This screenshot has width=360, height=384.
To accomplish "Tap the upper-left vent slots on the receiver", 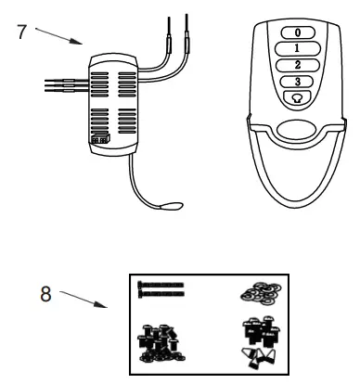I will click(x=101, y=77).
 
